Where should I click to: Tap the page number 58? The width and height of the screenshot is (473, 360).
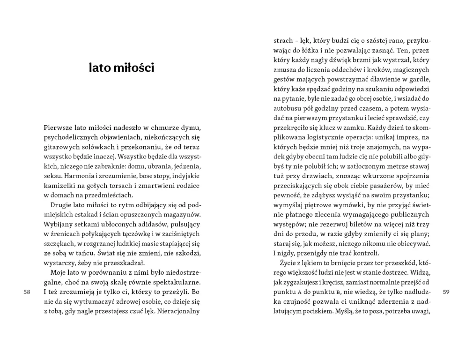coord(27,292)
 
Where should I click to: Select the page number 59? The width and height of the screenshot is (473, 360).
coord(446,292)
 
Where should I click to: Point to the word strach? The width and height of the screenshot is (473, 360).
coord(283,40)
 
